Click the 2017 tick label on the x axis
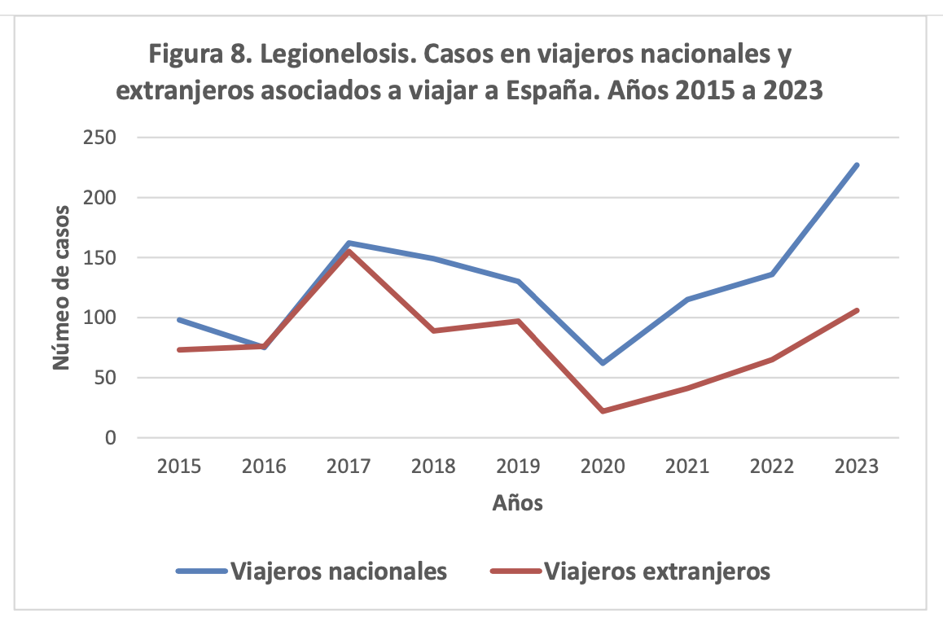click(349, 466)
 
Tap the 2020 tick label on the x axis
click(603, 466)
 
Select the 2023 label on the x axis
click(857, 466)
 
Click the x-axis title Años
click(517, 503)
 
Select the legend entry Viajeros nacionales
click(339, 571)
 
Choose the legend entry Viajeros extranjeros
click(656, 571)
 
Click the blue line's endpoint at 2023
click(857, 165)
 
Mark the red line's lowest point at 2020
click(603, 411)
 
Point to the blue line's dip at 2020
click(603, 363)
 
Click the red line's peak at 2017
click(349, 252)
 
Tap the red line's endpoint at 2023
click(857, 310)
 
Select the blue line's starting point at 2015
click(179, 320)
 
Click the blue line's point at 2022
click(772, 274)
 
